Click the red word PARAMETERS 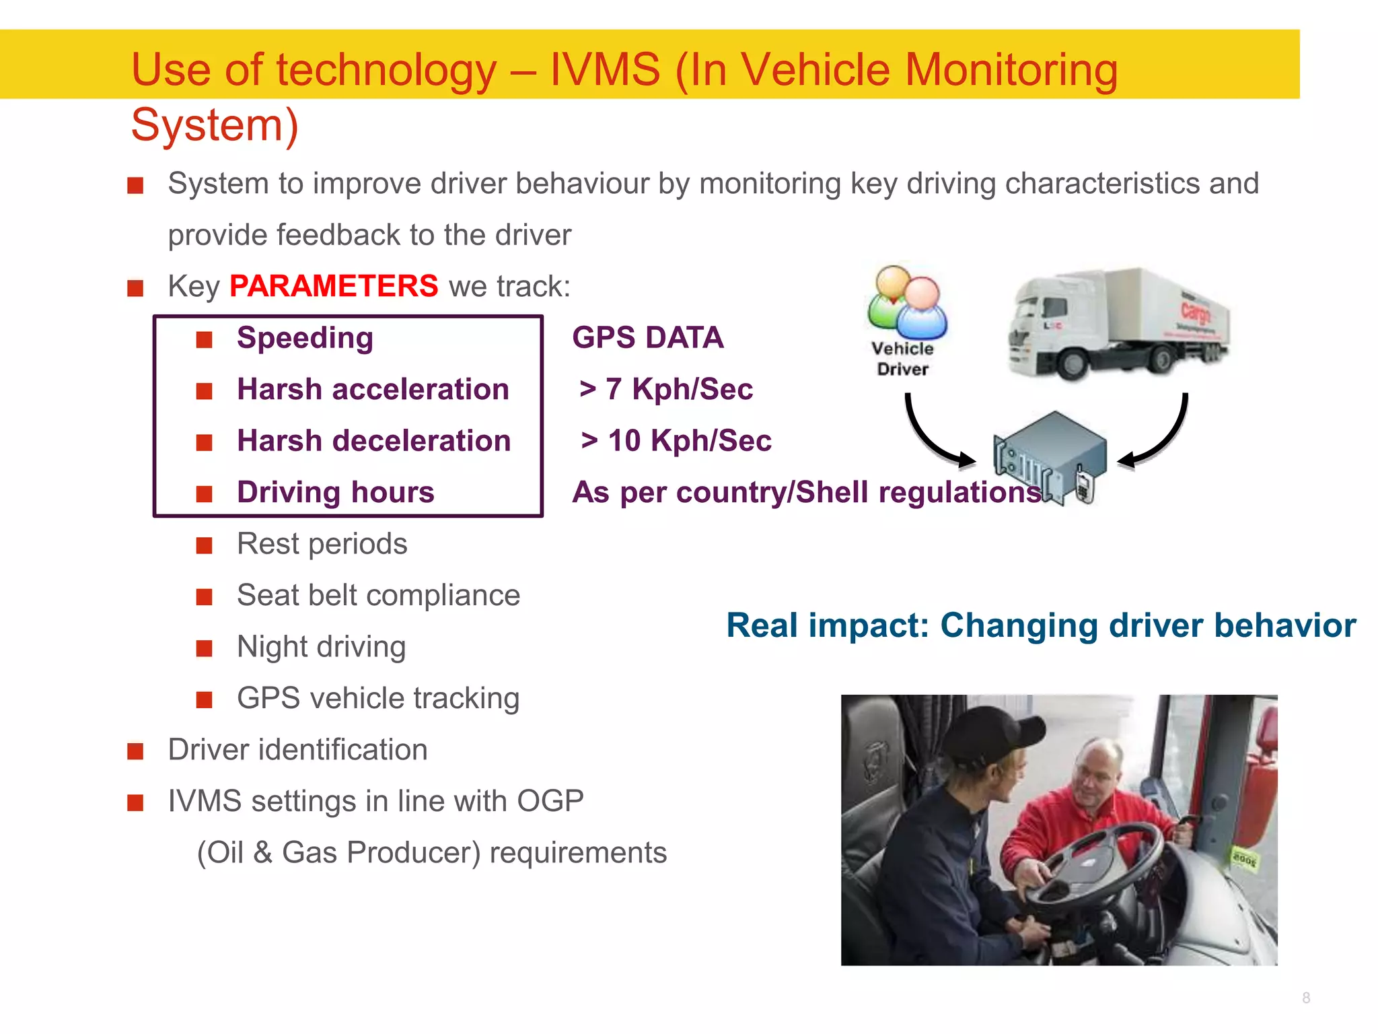[x=334, y=286]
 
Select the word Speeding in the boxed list [x=305, y=338]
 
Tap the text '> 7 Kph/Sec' [x=665, y=389]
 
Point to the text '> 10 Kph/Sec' [x=676, y=441]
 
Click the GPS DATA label [x=647, y=338]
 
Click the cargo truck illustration [x=1117, y=323]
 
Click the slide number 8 [x=1305, y=998]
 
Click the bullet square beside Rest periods [x=204, y=545]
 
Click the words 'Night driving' [x=322, y=647]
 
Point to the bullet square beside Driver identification [x=135, y=751]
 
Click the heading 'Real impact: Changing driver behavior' [x=1040, y=625]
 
